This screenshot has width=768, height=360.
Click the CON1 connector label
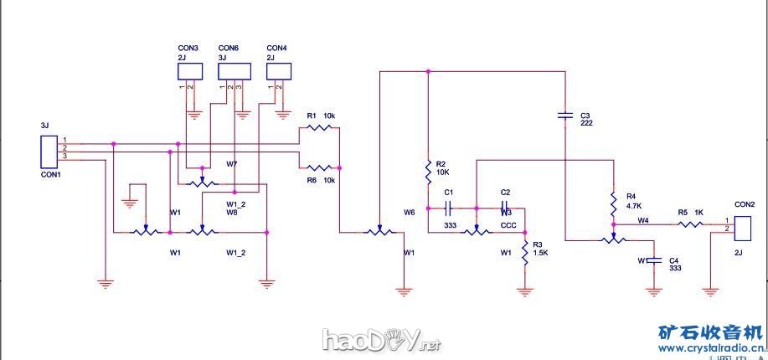coord(50,176)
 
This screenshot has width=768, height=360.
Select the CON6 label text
coord(228,49)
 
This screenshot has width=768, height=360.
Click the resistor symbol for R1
coord(319,128)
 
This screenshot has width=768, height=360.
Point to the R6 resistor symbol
coord(319,167)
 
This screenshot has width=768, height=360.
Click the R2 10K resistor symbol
coord(428,172)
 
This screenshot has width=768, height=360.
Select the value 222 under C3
coord(586,123)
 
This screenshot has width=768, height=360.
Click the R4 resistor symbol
coord(612,202)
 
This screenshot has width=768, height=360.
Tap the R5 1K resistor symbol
coord(690,224)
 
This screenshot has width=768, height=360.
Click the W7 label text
coord(232,162)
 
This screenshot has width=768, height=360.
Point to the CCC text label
coord(508,225)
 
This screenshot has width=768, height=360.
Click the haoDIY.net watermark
coord(381,340)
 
